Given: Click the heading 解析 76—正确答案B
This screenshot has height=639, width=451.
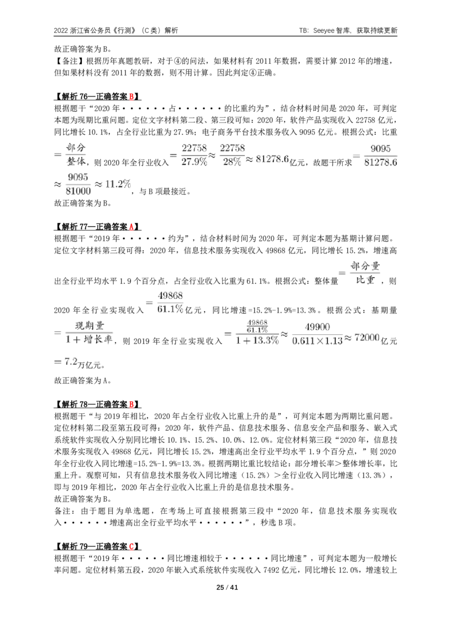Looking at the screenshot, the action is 98,97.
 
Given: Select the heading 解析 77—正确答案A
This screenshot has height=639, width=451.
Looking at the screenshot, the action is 98,226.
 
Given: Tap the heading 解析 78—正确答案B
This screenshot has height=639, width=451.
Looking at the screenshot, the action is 98,404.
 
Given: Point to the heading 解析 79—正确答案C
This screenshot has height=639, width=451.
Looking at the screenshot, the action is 98,546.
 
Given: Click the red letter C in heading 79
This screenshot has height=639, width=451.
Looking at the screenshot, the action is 131,546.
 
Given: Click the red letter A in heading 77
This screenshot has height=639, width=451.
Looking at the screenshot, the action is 131,226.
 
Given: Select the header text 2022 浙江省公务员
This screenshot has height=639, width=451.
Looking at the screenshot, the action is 84,30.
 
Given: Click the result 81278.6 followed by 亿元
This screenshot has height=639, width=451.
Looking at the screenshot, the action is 272,159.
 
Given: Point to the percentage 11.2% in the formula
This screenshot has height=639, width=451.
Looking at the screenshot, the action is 118,184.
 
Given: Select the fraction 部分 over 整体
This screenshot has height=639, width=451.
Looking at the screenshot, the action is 76,155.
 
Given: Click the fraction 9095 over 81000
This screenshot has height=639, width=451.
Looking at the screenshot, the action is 78,184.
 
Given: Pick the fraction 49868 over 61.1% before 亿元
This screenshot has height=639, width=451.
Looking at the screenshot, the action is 170,303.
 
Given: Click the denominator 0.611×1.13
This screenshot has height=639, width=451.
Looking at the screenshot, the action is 317,341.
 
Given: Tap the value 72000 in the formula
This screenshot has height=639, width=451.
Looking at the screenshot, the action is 367,338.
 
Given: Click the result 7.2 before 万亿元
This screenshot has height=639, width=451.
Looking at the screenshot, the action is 71,361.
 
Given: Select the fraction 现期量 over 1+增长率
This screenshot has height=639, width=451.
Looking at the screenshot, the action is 89,332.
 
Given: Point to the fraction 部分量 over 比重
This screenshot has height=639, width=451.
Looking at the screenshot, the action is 365,273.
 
